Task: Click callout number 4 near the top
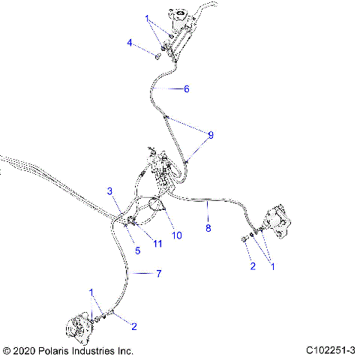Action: [x=130, y=43]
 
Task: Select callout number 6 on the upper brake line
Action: [x=186, y=88]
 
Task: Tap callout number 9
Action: [x=211, y=135]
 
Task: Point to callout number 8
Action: [x=208, y=226]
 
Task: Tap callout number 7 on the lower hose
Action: [x=158, y=274]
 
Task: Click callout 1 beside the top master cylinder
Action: [x=148, y=17]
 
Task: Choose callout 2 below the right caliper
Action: [x=253, y=265]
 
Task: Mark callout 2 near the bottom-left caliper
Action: [x=133, y=325]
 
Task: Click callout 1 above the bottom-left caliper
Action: [x=91, y=292]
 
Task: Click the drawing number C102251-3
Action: [x=331, y=350]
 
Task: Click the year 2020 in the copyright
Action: [x=24, y=350]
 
